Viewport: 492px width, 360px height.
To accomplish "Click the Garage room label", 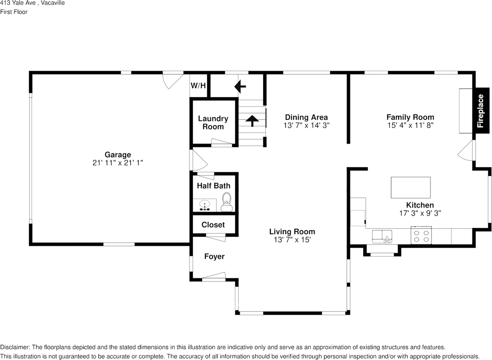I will [118, 155].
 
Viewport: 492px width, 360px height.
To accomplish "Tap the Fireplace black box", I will [480, 111].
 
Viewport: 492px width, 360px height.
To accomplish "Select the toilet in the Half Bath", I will [227, 202].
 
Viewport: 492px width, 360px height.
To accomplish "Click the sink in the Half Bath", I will [205, 205].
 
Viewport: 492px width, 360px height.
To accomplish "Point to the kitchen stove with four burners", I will [421, 235].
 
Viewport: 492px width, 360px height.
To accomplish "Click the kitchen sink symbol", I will [382, 235].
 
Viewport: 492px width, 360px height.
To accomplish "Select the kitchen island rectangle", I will [411, 187].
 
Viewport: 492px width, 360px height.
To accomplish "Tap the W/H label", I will [198, 85].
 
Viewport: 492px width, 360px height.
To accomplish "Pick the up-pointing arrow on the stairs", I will [252, 120].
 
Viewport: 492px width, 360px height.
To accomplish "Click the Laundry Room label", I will [213, 122].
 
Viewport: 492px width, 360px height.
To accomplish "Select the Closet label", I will [213, 225].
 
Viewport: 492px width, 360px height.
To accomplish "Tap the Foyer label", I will [214, 257].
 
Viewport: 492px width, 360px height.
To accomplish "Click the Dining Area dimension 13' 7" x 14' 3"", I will [306, 125].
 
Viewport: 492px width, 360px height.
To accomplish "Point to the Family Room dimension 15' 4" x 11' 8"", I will [410, 125].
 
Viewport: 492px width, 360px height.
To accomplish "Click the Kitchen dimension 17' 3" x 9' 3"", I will [420, 213].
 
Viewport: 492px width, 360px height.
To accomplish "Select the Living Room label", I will [292, 232].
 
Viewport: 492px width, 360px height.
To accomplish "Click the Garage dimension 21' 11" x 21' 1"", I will [118, 163].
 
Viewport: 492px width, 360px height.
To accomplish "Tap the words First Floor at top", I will [14, 12].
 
